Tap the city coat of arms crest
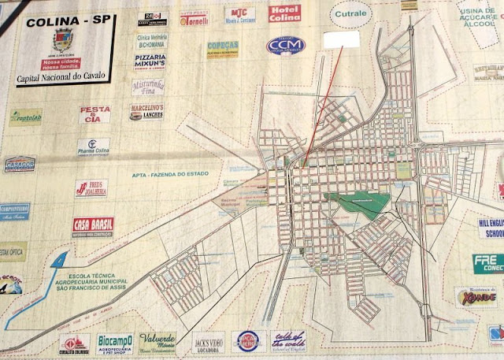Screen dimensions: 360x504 (63, 40)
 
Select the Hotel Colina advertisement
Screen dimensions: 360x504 (284, 13)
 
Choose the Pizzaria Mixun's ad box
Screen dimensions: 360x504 (150, 61)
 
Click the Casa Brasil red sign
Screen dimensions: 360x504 (93, 227)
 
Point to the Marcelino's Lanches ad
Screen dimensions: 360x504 (146, 112)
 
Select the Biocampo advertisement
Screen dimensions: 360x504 (115, 343)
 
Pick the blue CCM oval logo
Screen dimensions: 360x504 (285, 46)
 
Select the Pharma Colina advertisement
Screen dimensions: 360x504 (94, 147)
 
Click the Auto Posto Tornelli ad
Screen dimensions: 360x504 (194, 18)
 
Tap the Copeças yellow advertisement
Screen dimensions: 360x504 (223, 49)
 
